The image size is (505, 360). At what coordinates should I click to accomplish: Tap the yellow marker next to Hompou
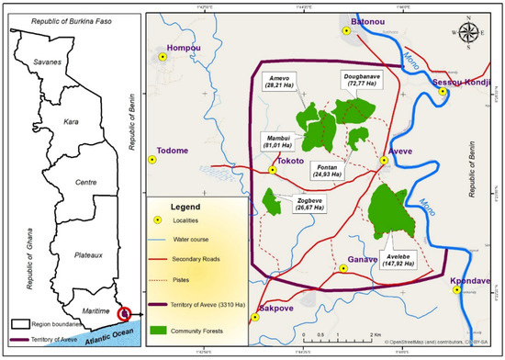pos(162,57)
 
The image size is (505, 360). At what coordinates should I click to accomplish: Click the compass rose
pos(468,30)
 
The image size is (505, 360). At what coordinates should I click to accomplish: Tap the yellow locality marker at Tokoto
pos(273,170)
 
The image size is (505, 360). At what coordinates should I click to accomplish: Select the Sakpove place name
pos(276,310)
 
